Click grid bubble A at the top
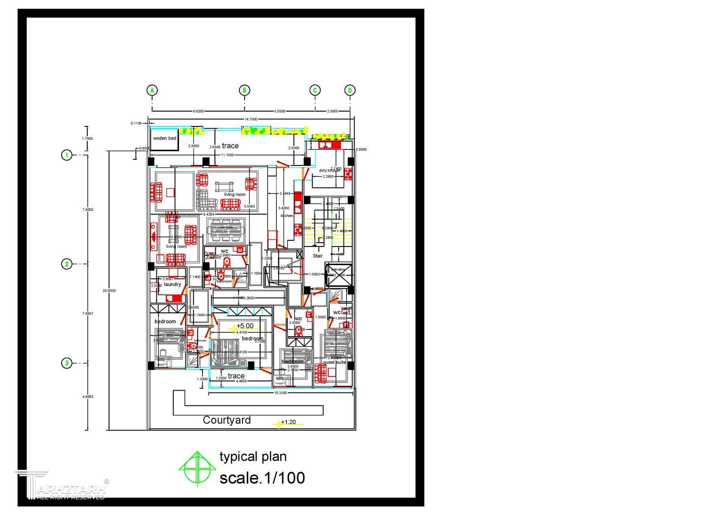pos(152,90)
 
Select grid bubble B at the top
pos(244,90)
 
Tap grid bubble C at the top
pos(315,90)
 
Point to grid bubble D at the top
pos(350,90)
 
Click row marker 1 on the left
pos(67,155)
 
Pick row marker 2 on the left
pos(67,264)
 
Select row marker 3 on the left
pos(67,363)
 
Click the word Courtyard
pos(227,420)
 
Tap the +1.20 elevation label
pos(288,422)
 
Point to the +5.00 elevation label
pos(245,326)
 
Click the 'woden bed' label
pos(164,138)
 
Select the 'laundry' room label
pos(172,284)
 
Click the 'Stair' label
pos(318,256)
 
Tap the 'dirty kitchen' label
pos(329,170)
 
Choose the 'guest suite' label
pos(334,362)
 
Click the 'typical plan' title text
pos(253,457)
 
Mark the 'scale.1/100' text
pos(262,478)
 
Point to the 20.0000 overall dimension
pos(109,290)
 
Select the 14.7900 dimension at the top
pos(251,119)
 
